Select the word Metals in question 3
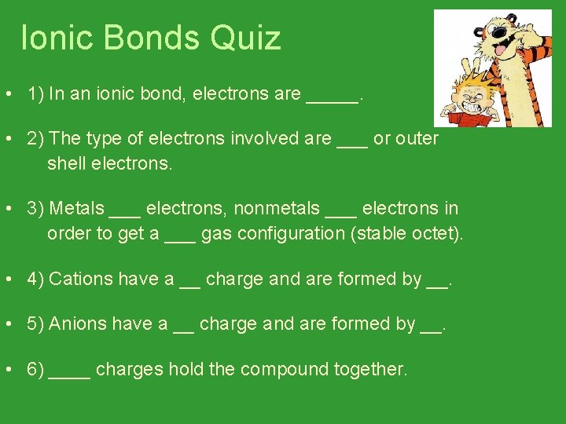[76, 209]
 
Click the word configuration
[288, 234]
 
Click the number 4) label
[35, 279]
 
